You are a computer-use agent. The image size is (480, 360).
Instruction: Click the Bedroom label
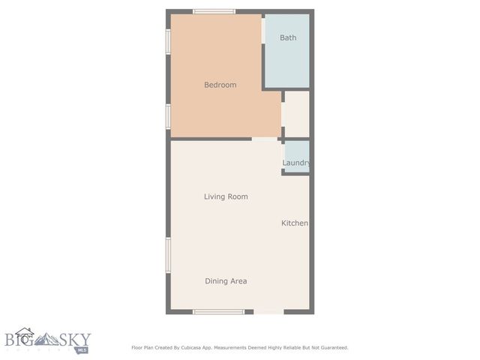220,85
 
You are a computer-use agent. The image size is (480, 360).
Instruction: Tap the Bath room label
288,37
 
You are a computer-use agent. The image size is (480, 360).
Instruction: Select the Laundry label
296,163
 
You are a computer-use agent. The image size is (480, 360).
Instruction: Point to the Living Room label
226,196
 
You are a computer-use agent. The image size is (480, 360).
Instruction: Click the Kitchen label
295,223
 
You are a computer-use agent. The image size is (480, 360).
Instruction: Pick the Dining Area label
226,281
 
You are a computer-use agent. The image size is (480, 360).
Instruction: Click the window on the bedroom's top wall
214,11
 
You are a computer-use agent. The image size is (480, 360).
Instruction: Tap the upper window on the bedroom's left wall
168,42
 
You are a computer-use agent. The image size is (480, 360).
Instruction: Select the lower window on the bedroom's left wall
168,116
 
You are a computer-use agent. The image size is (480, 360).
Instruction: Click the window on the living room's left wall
168,255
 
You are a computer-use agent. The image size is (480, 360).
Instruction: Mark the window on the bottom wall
218,311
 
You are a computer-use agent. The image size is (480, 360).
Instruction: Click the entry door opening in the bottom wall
268,311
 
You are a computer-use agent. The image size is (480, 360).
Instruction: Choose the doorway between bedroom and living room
264,139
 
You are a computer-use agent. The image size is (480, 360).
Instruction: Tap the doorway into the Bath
263,30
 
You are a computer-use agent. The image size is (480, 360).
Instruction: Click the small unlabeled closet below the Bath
296,114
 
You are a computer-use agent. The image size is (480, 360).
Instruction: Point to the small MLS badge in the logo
81,349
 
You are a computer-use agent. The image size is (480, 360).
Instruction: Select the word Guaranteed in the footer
332,347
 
